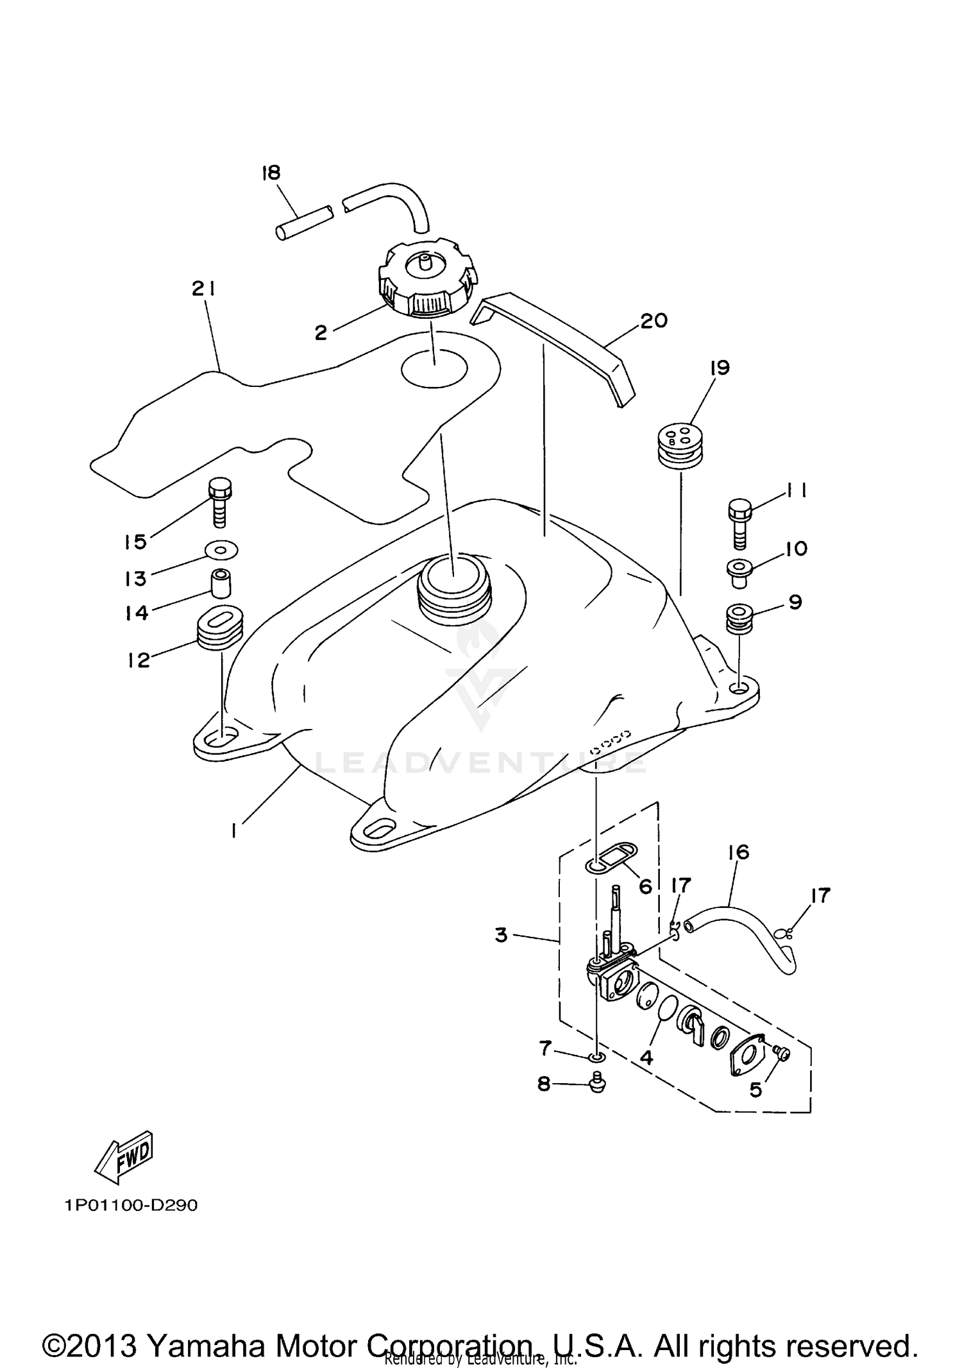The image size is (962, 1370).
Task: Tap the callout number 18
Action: pos(271,173)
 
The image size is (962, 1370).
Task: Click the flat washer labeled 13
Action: pos(221,549)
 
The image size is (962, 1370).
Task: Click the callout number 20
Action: pos(654,320)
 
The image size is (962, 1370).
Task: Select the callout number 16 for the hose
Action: pos(739,852)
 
